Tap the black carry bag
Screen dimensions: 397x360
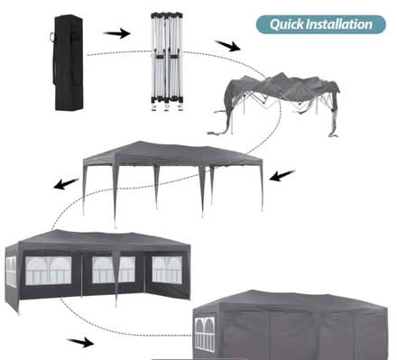click(69, 62)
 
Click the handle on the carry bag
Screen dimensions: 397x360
click(53, 37)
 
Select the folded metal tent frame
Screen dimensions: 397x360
click(167, 61)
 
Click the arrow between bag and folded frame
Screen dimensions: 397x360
click(116, 33)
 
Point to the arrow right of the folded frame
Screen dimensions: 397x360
click(227, 45)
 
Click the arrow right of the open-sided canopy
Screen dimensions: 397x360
click(282, 176)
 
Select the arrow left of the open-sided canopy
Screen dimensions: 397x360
click(66, 183)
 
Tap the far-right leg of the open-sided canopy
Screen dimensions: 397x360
click(262, 187)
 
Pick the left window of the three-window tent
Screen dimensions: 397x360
click(48, 271)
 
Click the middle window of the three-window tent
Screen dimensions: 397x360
click(114, 270)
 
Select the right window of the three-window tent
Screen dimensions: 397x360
click(167, 270)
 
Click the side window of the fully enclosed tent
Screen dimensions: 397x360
click(205, 335)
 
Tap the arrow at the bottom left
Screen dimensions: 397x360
click(80, 342)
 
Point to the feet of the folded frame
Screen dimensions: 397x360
click(167, 107)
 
